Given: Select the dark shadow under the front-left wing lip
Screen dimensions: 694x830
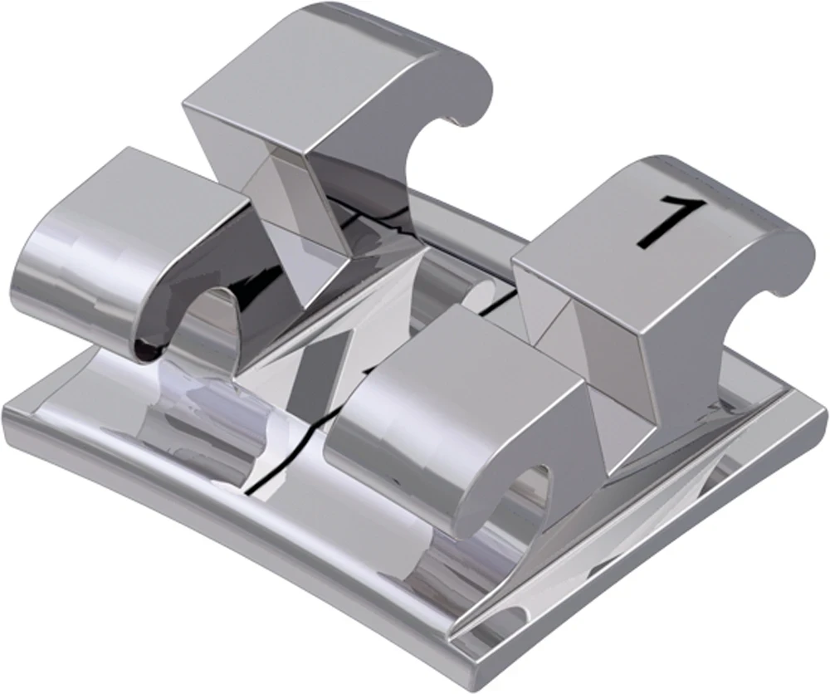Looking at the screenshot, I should tap(145, 349).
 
